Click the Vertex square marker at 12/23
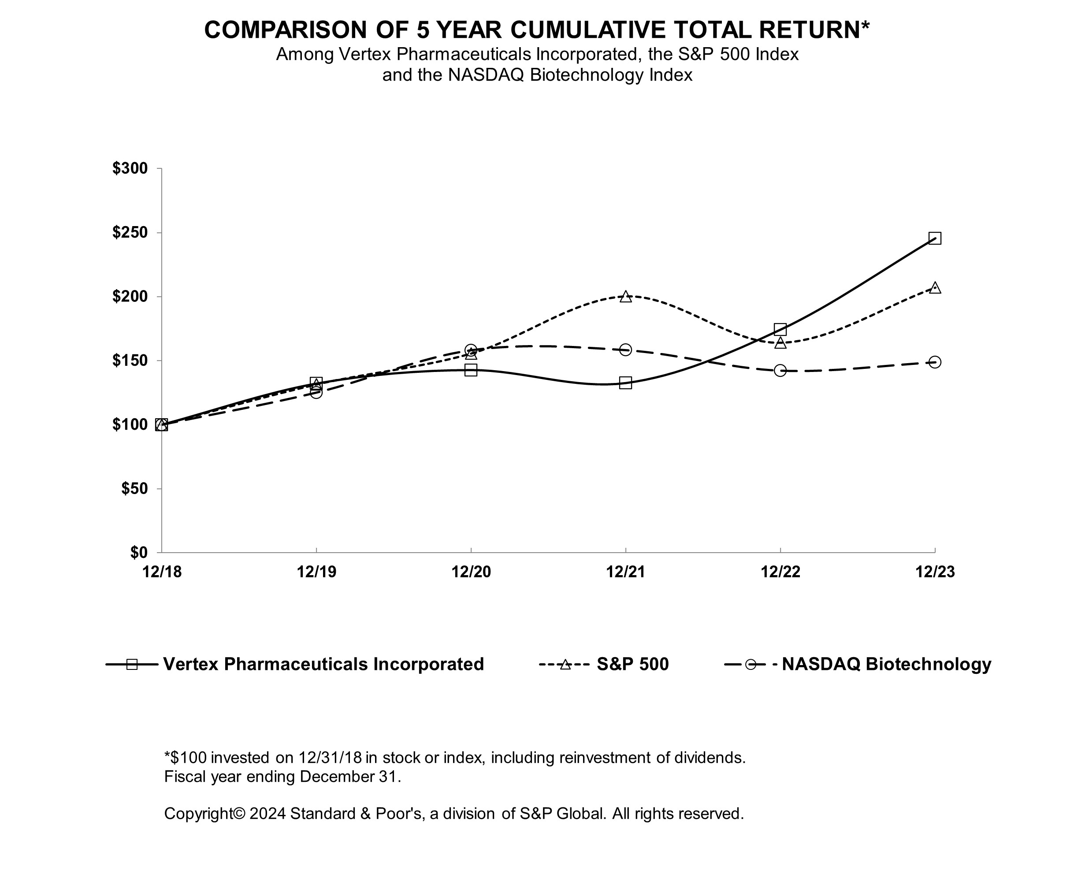click(934, 238)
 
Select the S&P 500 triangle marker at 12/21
click(625, 297)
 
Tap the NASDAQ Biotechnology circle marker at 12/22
click(780, 370)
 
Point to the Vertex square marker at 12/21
click(625, 383)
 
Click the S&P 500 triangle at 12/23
click(934, 287)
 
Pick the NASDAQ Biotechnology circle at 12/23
click(934, 362)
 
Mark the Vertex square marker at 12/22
click(780, 329)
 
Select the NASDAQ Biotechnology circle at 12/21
click(625, 350)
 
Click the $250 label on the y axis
click(130, 233)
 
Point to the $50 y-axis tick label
click(134, 488)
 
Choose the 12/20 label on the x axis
click(471, 572)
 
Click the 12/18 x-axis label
click(162, 572)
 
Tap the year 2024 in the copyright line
click(267, 813)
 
